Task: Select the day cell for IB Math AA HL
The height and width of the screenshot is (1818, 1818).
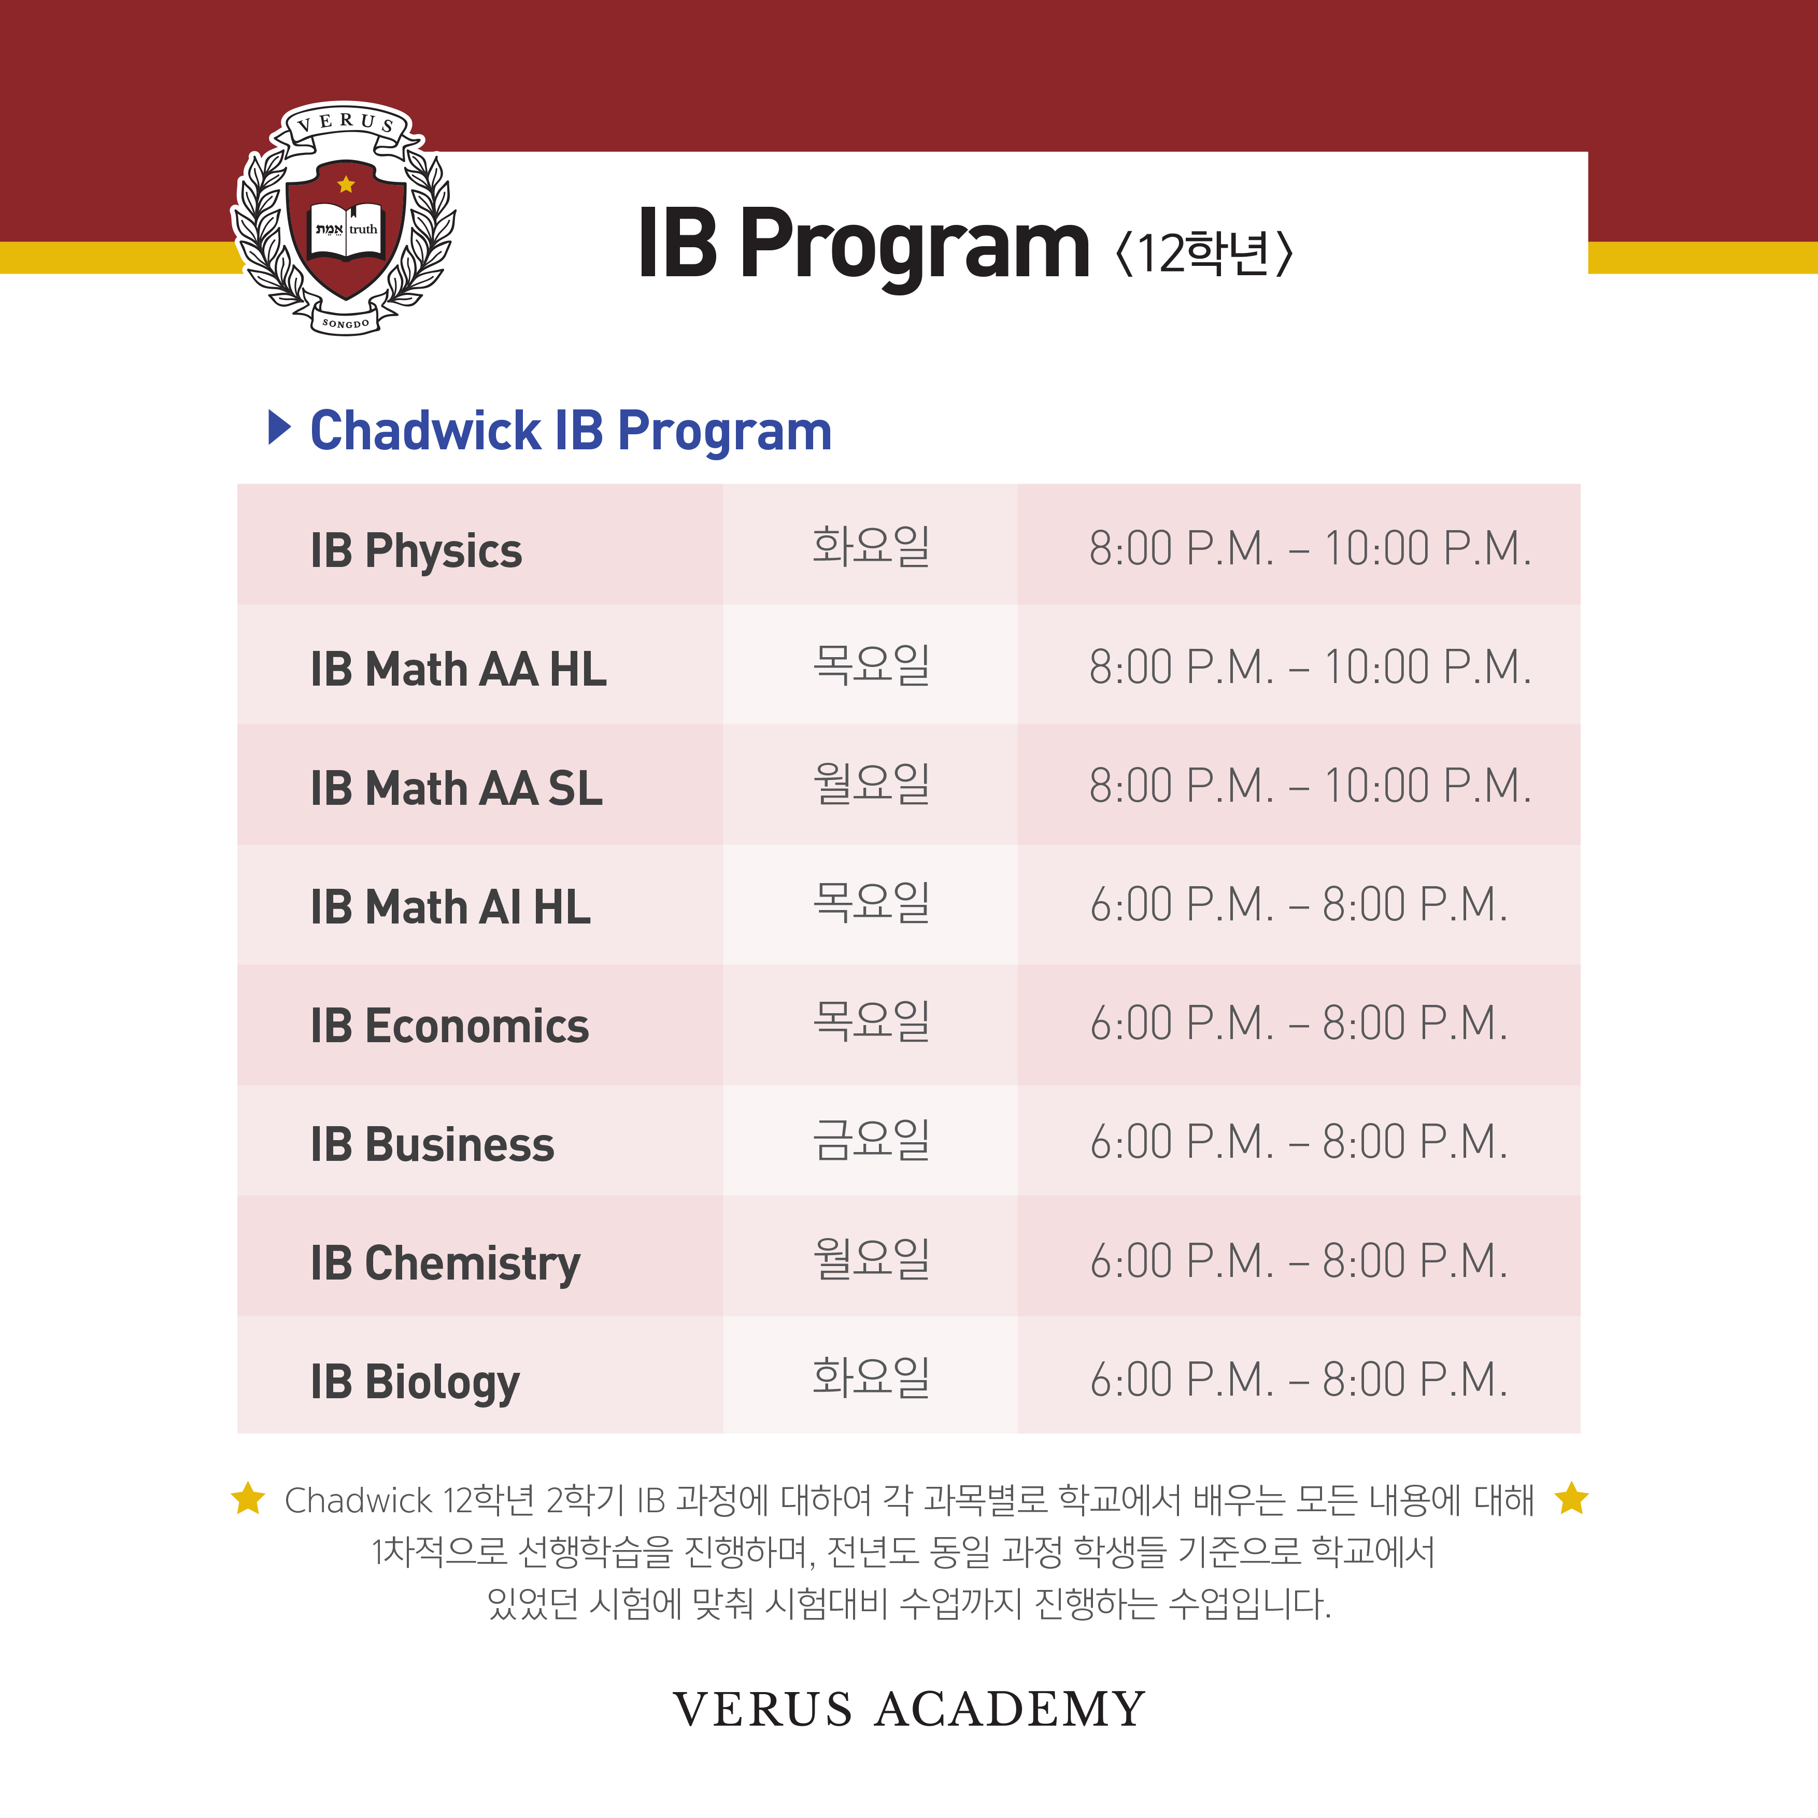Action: coord(871,664)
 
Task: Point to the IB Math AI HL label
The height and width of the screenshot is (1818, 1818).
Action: coord(451,907)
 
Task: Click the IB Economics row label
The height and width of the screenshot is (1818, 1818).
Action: coord(450,1026)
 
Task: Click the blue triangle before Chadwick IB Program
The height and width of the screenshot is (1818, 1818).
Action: coord(279,428)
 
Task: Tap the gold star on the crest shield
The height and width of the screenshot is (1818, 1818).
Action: coord(346,184)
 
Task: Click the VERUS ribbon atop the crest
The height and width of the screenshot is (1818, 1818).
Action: coord(346,122)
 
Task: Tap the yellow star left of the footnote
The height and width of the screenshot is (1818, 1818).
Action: coord(248,1499)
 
